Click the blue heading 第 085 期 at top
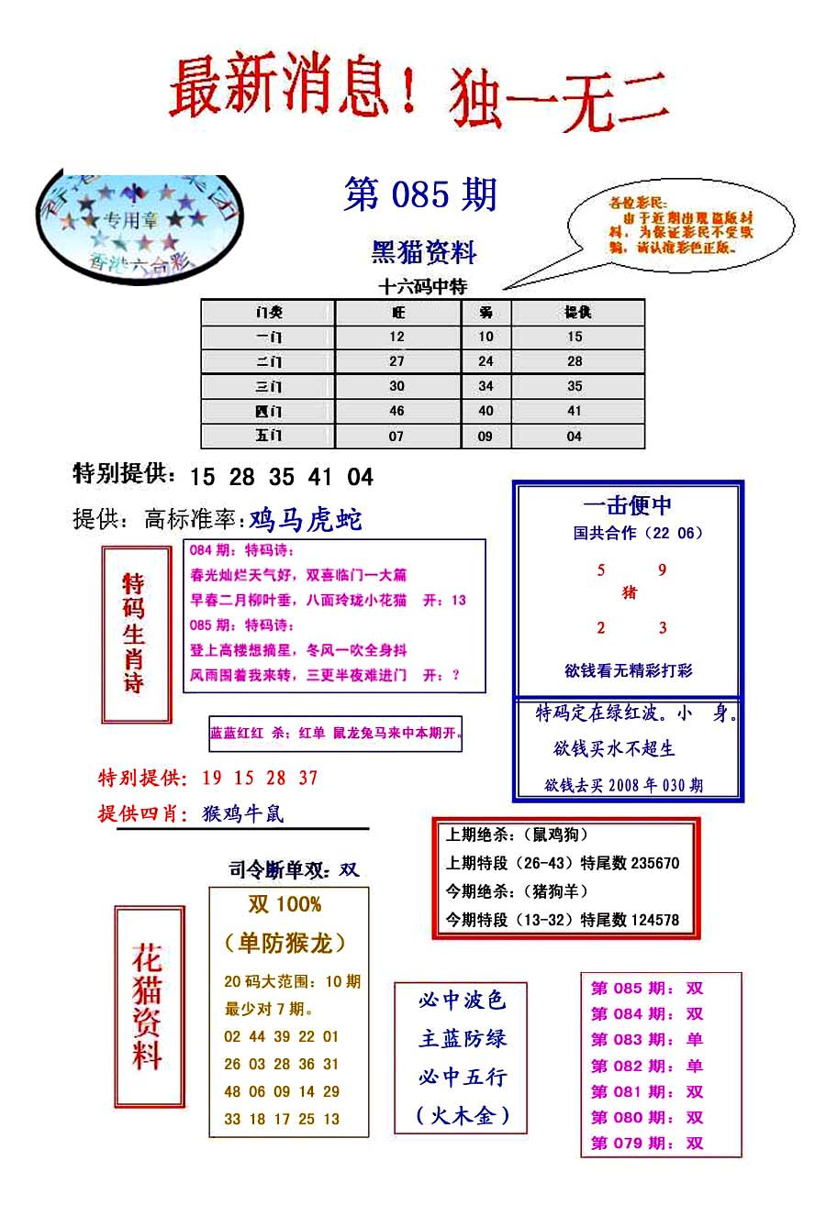(419, 195)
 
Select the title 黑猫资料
(424, 251)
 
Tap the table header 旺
(396, 313)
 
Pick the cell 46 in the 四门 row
(396, 412)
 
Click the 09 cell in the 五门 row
(485, 437)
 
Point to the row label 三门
(269, 387)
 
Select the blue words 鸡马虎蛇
(306, 521)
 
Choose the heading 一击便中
(628, 505)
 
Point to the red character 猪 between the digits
(630, 592)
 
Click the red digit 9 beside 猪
(662, 570)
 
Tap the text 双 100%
(285, 905)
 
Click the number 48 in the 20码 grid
(232, 1091)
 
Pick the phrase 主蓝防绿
(463, 1039)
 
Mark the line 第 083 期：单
(647, 1040)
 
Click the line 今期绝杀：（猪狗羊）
(518, 891)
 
